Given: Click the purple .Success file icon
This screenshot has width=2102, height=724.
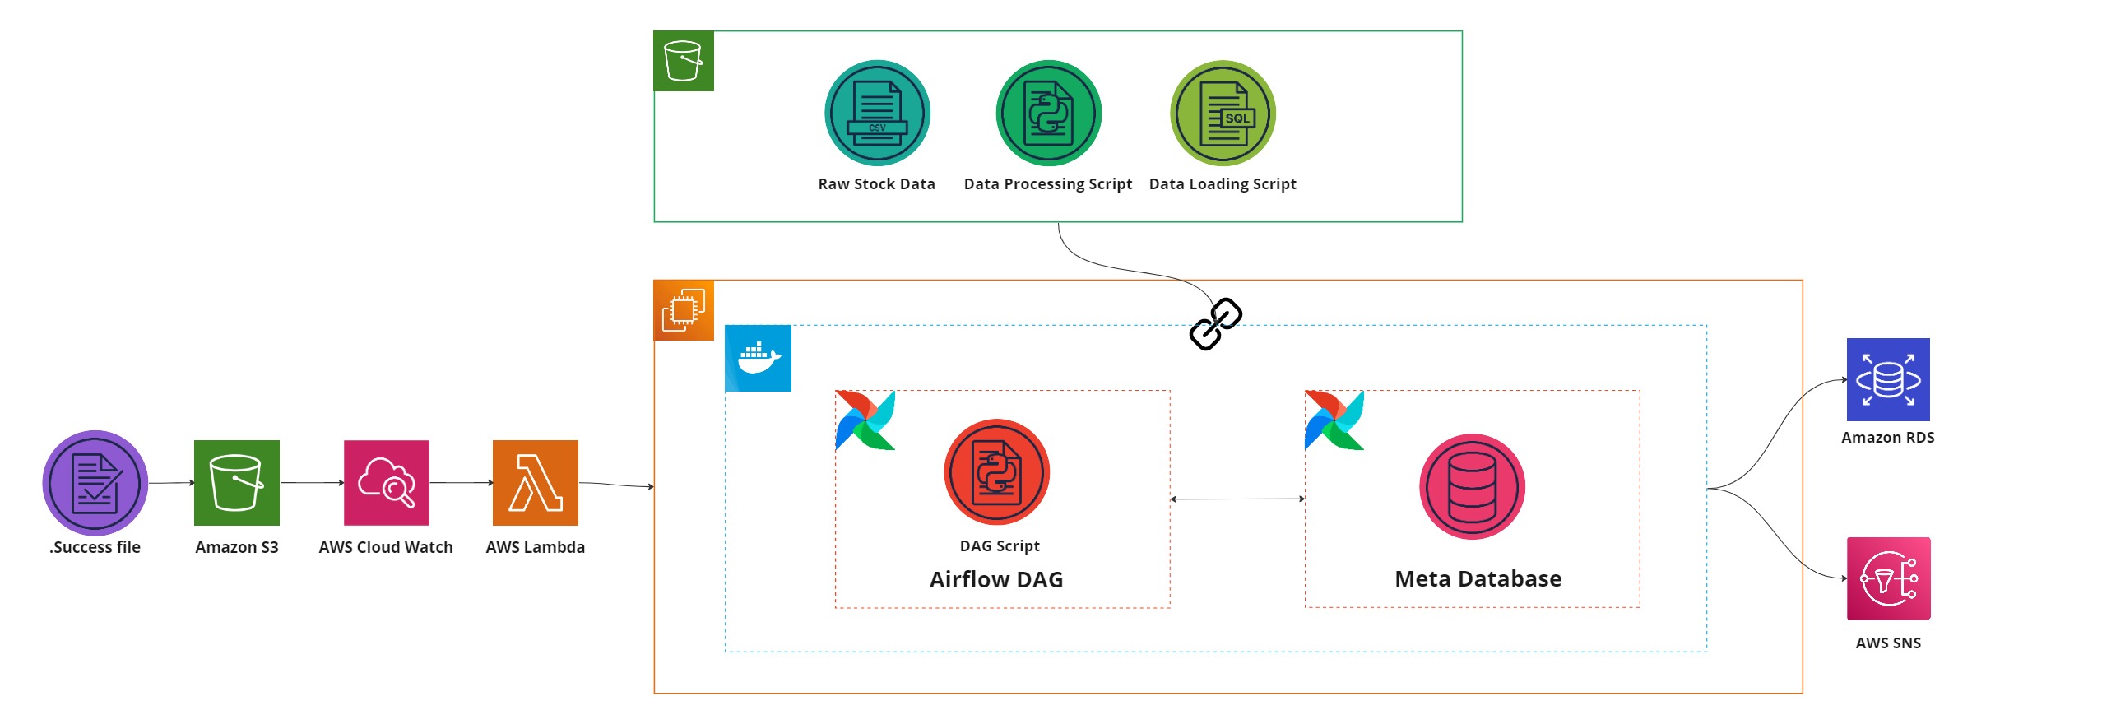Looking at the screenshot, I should pyautogui.click(x=95, y=483).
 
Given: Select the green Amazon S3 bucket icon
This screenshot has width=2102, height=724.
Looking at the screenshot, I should pyautogui.click(x=237, y=483).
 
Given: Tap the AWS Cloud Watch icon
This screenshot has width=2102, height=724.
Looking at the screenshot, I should pyautogui.click(x=387, y=483).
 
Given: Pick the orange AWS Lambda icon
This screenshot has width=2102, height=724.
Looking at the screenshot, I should pyautogui.click(x=536, y=483).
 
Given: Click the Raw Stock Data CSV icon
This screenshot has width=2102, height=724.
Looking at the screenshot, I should pyautogui.click(x=877, y=113).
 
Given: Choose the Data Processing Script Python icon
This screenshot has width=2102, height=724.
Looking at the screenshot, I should pyautogui.click(x=1048, y=113).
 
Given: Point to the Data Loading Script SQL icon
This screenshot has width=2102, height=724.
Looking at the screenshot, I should pyautogui.click(x=1223, y=113).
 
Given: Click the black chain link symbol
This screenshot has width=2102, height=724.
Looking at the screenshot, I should pyautogui.click(x=1216, y=324).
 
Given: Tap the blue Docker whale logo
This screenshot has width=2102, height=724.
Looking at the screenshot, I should pyautogui.click(x=758, y=358).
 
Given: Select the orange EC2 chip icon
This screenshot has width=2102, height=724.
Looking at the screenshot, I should pyautogui.click(x=684, y=310).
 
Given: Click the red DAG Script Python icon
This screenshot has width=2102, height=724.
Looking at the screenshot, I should pyautogui.click(x=996, y=472).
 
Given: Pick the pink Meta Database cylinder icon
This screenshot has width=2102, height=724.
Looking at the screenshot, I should pyautogui.click(x=1472, y=487).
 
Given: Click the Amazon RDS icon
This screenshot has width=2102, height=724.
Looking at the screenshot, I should pyautogui.click(x=1888, y=379).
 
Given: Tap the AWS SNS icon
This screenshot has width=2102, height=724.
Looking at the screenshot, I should pyautogui.click(x=1888, y=578).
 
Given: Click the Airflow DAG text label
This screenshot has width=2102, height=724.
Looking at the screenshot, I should pyautogui.click(x=996, y=580).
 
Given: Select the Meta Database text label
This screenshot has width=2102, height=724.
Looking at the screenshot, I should pyautogui.click(x=1478, y=579).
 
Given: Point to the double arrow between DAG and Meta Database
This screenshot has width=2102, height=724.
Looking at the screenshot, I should pyautogui.click(x=1237, y=499).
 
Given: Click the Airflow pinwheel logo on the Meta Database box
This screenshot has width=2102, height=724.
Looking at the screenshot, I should pyautogui.click(x=1334, y=420).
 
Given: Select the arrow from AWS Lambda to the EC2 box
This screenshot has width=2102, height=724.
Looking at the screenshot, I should pyautogui.click(x=617, y=485).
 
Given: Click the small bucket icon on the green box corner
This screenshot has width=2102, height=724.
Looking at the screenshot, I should pyautogui.click(x=684, y=61).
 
